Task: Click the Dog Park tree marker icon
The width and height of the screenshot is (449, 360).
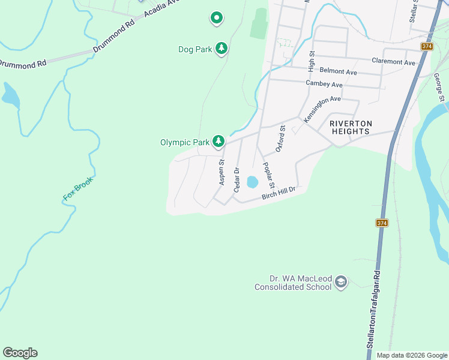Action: (x=221, y=49)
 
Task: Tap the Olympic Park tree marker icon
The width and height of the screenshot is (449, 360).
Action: (x=219, y=142)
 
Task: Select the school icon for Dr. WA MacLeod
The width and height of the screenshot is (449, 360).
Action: (x=341, y=282)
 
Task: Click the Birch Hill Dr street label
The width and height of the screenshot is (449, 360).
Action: (x=279, y=194)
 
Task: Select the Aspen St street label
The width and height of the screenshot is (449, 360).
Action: (x=222, y=172)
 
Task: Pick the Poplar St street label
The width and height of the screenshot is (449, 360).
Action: (x=268, y=175)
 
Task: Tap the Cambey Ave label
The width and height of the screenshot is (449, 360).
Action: (x=324, y=84)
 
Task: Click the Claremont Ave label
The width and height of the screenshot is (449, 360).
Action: (x=393, y=62)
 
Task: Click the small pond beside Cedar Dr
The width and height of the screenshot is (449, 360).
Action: (x=252, y=181)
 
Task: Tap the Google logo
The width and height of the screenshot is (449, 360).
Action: (x=20, y=353)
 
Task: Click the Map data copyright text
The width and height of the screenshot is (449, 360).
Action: (x=411, y=355)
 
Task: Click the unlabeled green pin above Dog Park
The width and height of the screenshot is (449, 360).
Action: (x=217, y=18)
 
